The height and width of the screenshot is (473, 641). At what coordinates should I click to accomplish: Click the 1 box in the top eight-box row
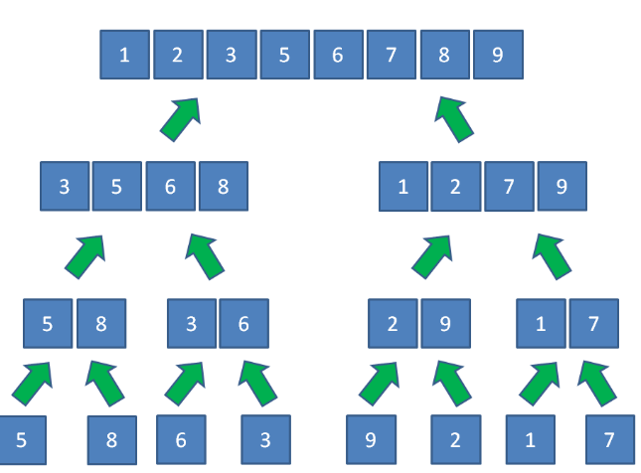coord(124,55)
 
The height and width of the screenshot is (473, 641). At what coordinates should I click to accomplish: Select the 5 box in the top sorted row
coord(285,55)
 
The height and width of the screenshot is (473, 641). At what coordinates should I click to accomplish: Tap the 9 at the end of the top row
coord(498,55)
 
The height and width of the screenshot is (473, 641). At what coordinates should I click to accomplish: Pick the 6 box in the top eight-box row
coord(339,55)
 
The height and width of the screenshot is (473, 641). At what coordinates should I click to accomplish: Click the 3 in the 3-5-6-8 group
coord(65,186)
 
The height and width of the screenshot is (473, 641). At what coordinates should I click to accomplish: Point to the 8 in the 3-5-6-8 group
coord(224,186)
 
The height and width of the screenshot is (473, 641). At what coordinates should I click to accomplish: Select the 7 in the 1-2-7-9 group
coord(509,187)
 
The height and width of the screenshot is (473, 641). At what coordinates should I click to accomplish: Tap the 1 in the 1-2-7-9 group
coord(403,187)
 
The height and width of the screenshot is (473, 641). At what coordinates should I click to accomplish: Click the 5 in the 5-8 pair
coord(48,323)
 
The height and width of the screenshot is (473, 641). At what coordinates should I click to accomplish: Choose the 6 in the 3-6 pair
coord(244,323)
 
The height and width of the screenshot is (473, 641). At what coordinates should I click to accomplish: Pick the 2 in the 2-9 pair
coord(393,323)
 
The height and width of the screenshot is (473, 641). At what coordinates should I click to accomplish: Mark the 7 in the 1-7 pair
coord(594,323)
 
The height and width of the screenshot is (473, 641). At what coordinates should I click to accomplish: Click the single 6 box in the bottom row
coord(181,439)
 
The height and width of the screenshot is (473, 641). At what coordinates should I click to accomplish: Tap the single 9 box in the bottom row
coord(372,439)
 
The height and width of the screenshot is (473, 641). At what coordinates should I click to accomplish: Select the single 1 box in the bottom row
coord(531,439)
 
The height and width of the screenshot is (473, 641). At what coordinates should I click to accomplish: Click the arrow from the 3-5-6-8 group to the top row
coord(180,120)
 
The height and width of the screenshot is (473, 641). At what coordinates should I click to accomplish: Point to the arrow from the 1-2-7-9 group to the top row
coord(454,120)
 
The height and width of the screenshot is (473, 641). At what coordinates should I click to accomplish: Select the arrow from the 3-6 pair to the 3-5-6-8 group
coord(205,256)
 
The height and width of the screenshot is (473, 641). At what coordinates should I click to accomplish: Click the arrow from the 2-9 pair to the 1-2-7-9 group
coord(431,257)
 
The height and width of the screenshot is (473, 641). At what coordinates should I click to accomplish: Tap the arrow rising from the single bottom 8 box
coord(105,384)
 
